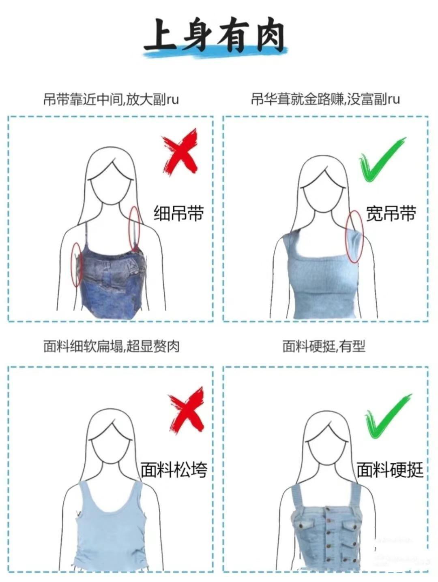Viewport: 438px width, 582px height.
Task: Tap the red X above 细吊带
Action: (181, 151)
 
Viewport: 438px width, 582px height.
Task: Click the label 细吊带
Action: (179, 213)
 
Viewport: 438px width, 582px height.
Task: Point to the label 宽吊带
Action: (391, 213)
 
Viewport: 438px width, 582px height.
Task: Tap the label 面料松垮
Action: (174, 470)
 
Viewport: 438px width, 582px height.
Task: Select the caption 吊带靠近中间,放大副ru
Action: (111, 100)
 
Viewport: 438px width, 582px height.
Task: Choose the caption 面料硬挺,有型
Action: (324, 346)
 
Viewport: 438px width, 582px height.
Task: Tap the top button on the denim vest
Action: (328, 509)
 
